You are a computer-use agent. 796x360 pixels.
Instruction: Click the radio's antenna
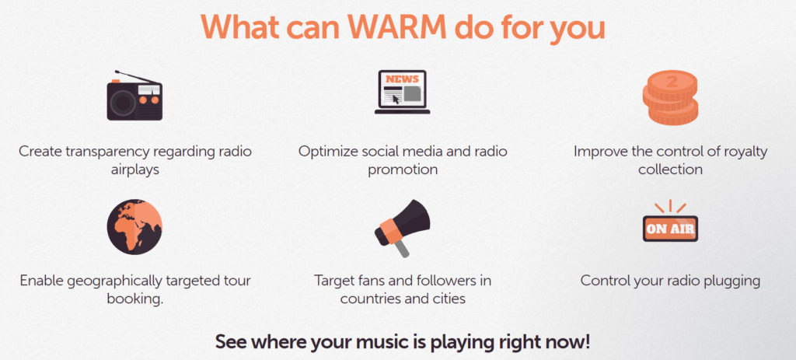click(135, 77)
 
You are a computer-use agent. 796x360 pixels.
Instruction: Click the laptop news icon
click(402, 92)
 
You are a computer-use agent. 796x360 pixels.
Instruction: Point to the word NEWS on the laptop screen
click(402, 79)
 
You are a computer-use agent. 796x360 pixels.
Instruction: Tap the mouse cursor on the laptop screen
click(396, 99)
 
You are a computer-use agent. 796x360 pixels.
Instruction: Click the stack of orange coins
click(670, 97)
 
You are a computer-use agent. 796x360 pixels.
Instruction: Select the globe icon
click(134, 226)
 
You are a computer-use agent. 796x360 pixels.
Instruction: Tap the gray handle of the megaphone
click(402, 248)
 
